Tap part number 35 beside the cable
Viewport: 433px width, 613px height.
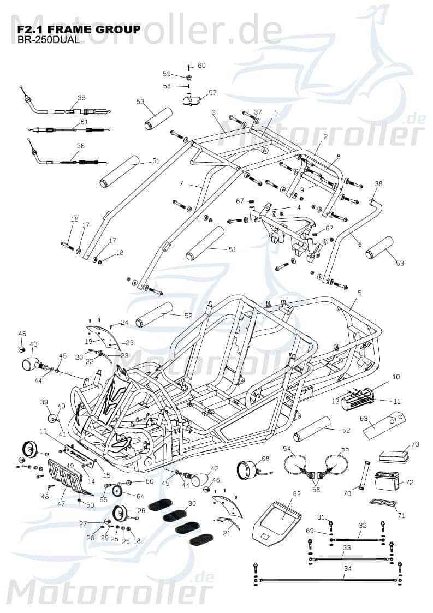tap(81, 98)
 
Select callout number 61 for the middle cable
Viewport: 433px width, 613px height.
tap(84, 122)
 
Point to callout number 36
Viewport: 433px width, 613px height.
tap(80, 146)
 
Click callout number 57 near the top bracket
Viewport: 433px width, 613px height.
tap(212, 93)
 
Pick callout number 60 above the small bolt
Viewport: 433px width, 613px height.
tap(201, 66)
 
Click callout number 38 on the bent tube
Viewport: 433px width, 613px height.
tap(378, 184)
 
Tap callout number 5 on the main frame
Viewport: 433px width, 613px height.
tap(359, 293)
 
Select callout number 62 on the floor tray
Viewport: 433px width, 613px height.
tap(296, 494)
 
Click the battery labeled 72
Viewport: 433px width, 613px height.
tap(387, 483)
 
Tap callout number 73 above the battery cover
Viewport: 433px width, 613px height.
tap(415, 444)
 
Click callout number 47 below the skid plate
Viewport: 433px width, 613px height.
tap(61, 503)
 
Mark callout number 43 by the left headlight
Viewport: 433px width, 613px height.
tap(33, 344)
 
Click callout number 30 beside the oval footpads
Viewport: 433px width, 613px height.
tap(192, 503)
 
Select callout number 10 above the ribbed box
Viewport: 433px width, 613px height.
tap(396, 377)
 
